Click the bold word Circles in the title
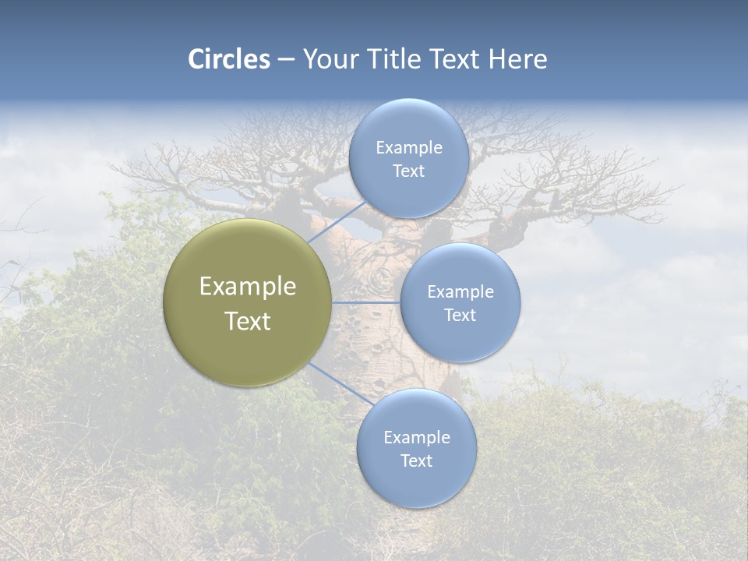point(228,59)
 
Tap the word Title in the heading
point(397,59)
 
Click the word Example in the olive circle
point(248,287)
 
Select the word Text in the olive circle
point(248,321)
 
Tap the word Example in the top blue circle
point(409,148)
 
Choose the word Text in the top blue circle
point(409,171)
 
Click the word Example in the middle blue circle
point(460,292)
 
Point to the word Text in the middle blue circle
point(460,316)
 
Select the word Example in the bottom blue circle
point(417,438)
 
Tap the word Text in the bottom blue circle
point(417,461)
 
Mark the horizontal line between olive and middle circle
point(366,302)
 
